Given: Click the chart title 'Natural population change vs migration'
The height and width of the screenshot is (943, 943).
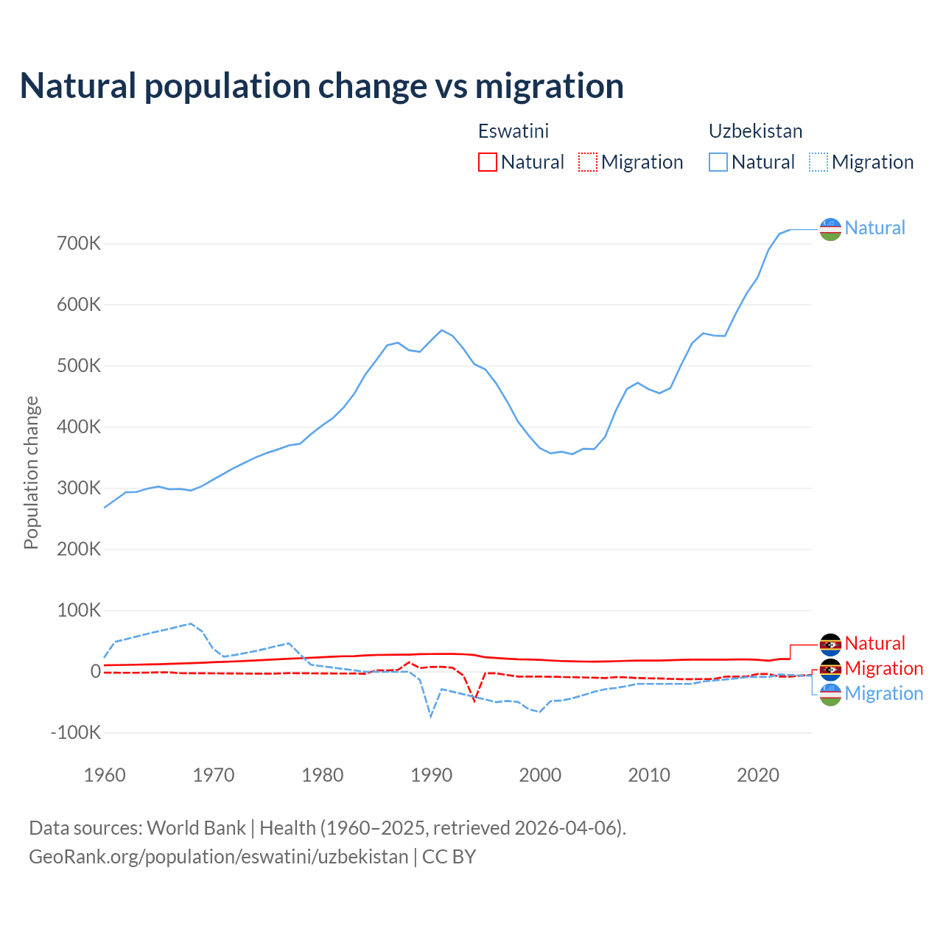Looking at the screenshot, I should point(321,85).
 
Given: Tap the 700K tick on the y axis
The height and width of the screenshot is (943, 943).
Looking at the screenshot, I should point(78,243).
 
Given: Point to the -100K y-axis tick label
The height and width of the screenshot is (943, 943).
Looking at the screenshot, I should point(75,732).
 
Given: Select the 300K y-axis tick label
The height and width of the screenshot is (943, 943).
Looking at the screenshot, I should point(78,488).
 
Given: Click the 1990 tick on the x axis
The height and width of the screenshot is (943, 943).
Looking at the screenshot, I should point(431,774).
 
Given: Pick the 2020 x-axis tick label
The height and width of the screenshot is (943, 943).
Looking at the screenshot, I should point(758,774).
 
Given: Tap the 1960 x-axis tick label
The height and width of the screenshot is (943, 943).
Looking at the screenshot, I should point(105,774).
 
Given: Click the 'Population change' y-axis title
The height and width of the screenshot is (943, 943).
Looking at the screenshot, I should point(31,472).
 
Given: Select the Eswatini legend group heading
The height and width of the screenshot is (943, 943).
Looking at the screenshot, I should point(513,131).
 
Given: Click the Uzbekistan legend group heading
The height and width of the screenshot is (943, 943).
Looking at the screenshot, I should point(755,131).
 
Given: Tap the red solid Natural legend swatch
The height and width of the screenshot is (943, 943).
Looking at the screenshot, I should point(488,162).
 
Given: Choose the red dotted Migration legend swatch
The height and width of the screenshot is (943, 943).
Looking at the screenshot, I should point(588,162).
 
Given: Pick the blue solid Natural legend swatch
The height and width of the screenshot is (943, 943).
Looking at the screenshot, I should point(718,162).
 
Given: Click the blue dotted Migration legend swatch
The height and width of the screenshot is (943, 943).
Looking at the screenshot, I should point(818,162).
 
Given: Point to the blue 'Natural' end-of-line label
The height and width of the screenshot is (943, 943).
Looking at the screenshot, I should point(874,228).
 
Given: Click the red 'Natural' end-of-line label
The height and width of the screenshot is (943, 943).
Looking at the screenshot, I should point(874,643).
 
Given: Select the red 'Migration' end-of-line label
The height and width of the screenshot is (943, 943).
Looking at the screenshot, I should point(883,668).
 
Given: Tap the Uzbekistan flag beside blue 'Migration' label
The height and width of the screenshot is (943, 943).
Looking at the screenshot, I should point(830,694).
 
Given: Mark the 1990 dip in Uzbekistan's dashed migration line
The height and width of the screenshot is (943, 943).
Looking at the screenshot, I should point(431,716).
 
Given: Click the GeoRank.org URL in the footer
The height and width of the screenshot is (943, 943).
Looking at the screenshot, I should point(219,857).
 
